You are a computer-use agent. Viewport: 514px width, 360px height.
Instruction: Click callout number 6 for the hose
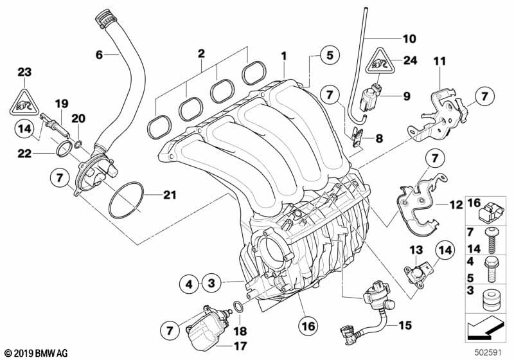coord(99,55)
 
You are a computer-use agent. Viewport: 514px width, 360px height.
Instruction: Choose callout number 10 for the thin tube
coord(409,39)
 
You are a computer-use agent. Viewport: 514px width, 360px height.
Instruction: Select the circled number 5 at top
coord(328,56)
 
